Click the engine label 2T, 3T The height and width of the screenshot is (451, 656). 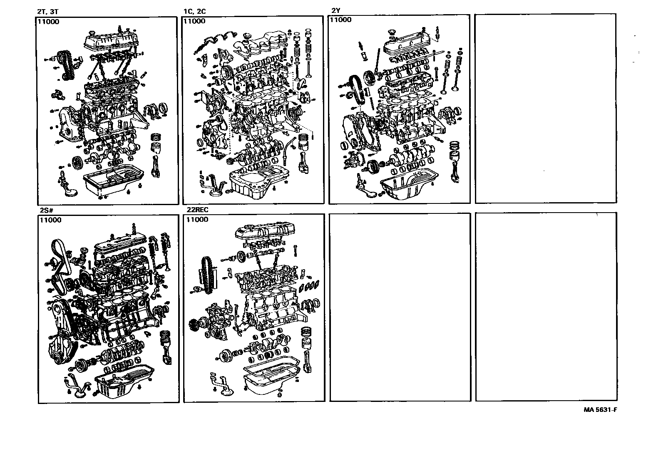click(48, 12)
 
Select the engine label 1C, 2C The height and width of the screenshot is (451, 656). click(194, 12)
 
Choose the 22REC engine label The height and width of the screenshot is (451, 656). click(197, 210)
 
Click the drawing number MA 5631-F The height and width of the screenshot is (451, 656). click(600, 409)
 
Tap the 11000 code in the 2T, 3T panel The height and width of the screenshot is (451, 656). click(48, 22)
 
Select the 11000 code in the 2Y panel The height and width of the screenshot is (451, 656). click(340, 20)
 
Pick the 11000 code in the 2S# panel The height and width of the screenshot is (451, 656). click(50, 220)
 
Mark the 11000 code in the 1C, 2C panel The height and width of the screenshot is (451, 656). click(194, 21)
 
